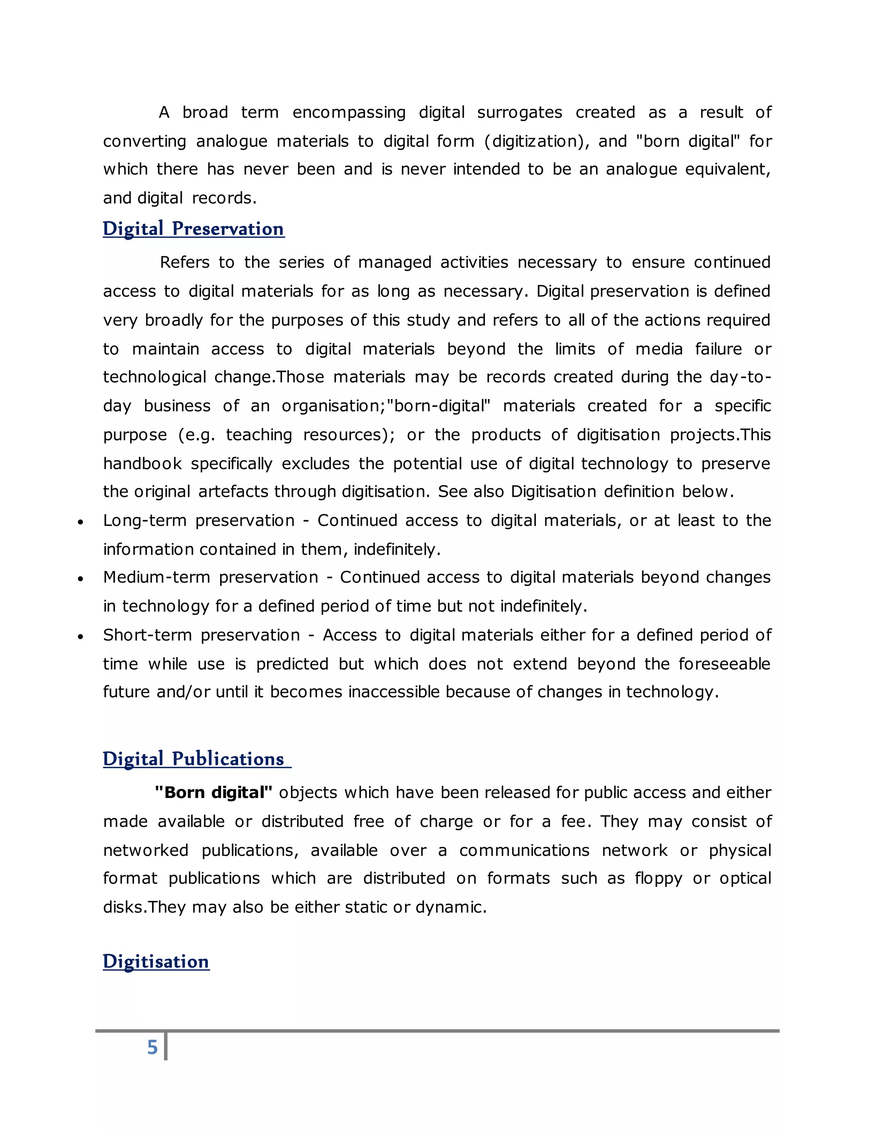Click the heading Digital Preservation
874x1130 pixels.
tap(193, 229)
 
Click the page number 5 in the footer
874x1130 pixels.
tap(152, 1047)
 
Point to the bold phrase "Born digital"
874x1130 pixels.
tap(213, 793)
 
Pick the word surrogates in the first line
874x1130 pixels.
tap(519, 112)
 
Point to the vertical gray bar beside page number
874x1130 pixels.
tap(166, 1046)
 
